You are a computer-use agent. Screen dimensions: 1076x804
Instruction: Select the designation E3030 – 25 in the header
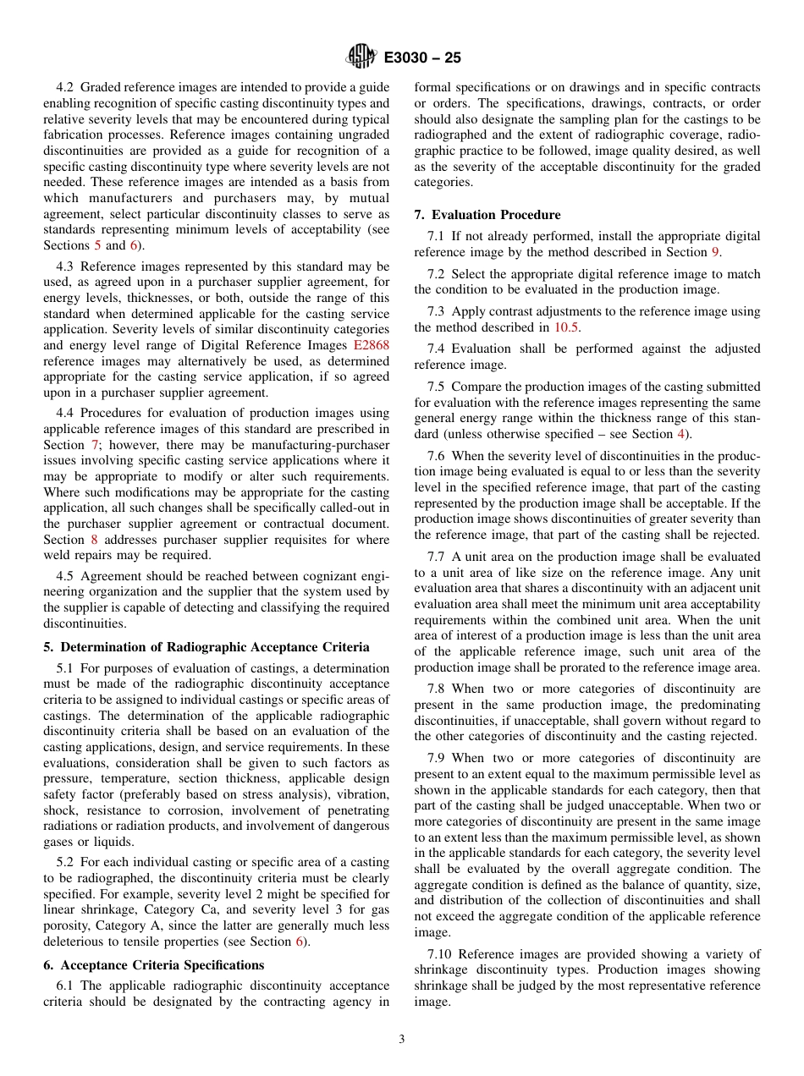tap(422, 58)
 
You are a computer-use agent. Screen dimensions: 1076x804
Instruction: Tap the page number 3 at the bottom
tap(402, 1040)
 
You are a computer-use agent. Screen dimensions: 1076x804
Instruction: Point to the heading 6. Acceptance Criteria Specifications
tap(154, 965)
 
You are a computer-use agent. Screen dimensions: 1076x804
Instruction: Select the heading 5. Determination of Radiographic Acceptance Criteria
tap(207, 647)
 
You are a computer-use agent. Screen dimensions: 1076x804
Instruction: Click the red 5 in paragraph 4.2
tap(96, 245)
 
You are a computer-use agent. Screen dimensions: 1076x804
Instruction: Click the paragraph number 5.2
tap(67, 863)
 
